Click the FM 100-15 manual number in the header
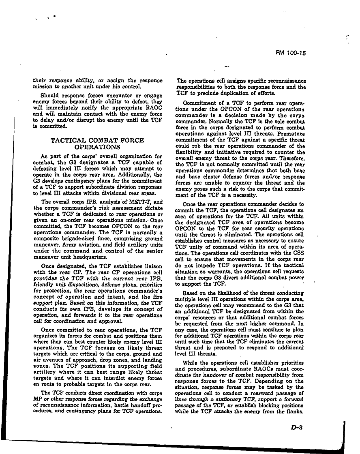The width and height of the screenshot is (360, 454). click(290, 52)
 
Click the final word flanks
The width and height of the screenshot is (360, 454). click(296, 411)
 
